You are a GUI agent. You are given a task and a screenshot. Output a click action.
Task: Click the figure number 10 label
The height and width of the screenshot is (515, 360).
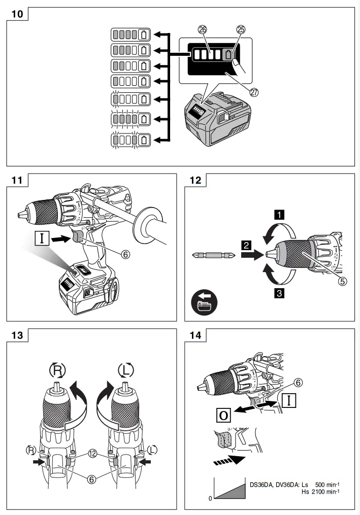click(17, 14)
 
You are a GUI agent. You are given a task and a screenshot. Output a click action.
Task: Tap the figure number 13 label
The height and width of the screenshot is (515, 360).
click(17, 336)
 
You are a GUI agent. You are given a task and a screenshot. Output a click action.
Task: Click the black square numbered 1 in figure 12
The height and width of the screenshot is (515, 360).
click(279, 214)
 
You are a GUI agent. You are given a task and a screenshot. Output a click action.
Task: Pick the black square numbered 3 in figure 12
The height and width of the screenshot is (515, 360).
click(279, 292)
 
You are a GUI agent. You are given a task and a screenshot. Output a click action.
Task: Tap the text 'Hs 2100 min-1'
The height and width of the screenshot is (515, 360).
click(320, 491)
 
